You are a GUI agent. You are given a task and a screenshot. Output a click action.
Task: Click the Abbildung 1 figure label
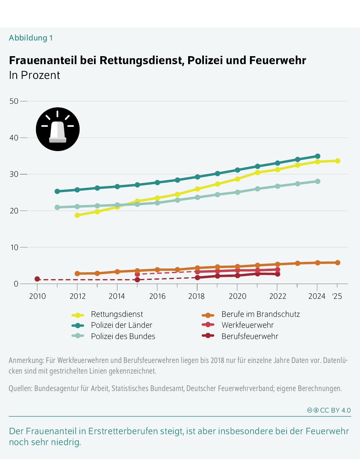(x=31, y=38)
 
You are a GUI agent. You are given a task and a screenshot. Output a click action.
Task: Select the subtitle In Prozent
(x=35, y=75)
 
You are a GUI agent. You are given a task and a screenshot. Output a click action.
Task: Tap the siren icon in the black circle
(x=58, y=129)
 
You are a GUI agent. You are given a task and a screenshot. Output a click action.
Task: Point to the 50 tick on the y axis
(x=14, y=101)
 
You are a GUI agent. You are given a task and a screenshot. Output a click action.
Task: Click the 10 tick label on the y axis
(x=14, y=247)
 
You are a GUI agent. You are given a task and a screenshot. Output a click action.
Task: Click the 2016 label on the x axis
(x=157, y=296)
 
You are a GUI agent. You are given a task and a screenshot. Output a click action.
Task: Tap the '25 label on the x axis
(x=337, y=296)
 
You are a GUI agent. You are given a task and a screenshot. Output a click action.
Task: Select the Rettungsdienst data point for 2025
(x=338, y=161)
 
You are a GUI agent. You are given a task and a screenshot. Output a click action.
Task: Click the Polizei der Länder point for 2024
(x=317, y=156)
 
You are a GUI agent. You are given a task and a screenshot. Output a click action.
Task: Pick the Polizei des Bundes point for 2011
(x=57, y=207)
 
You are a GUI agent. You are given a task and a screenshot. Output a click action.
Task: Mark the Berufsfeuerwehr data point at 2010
(x=37, y=279)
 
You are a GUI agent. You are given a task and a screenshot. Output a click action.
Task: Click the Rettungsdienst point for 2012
(x=77, y=215)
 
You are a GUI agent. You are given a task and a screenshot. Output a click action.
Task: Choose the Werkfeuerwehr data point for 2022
(x=277, y=270)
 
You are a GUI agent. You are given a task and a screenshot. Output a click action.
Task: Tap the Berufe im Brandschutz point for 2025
(x=338, y=263)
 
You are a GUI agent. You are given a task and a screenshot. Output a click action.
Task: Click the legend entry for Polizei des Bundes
(x=123, y=336)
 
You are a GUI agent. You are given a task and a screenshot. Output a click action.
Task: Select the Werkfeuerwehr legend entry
(x=247, y=325)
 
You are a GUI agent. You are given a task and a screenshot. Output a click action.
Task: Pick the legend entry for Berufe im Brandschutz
(x=260, y=314)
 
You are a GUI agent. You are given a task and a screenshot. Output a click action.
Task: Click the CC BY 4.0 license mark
(x=329, y=410)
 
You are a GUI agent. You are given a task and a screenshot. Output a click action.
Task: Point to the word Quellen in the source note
(x=20, y=388)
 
